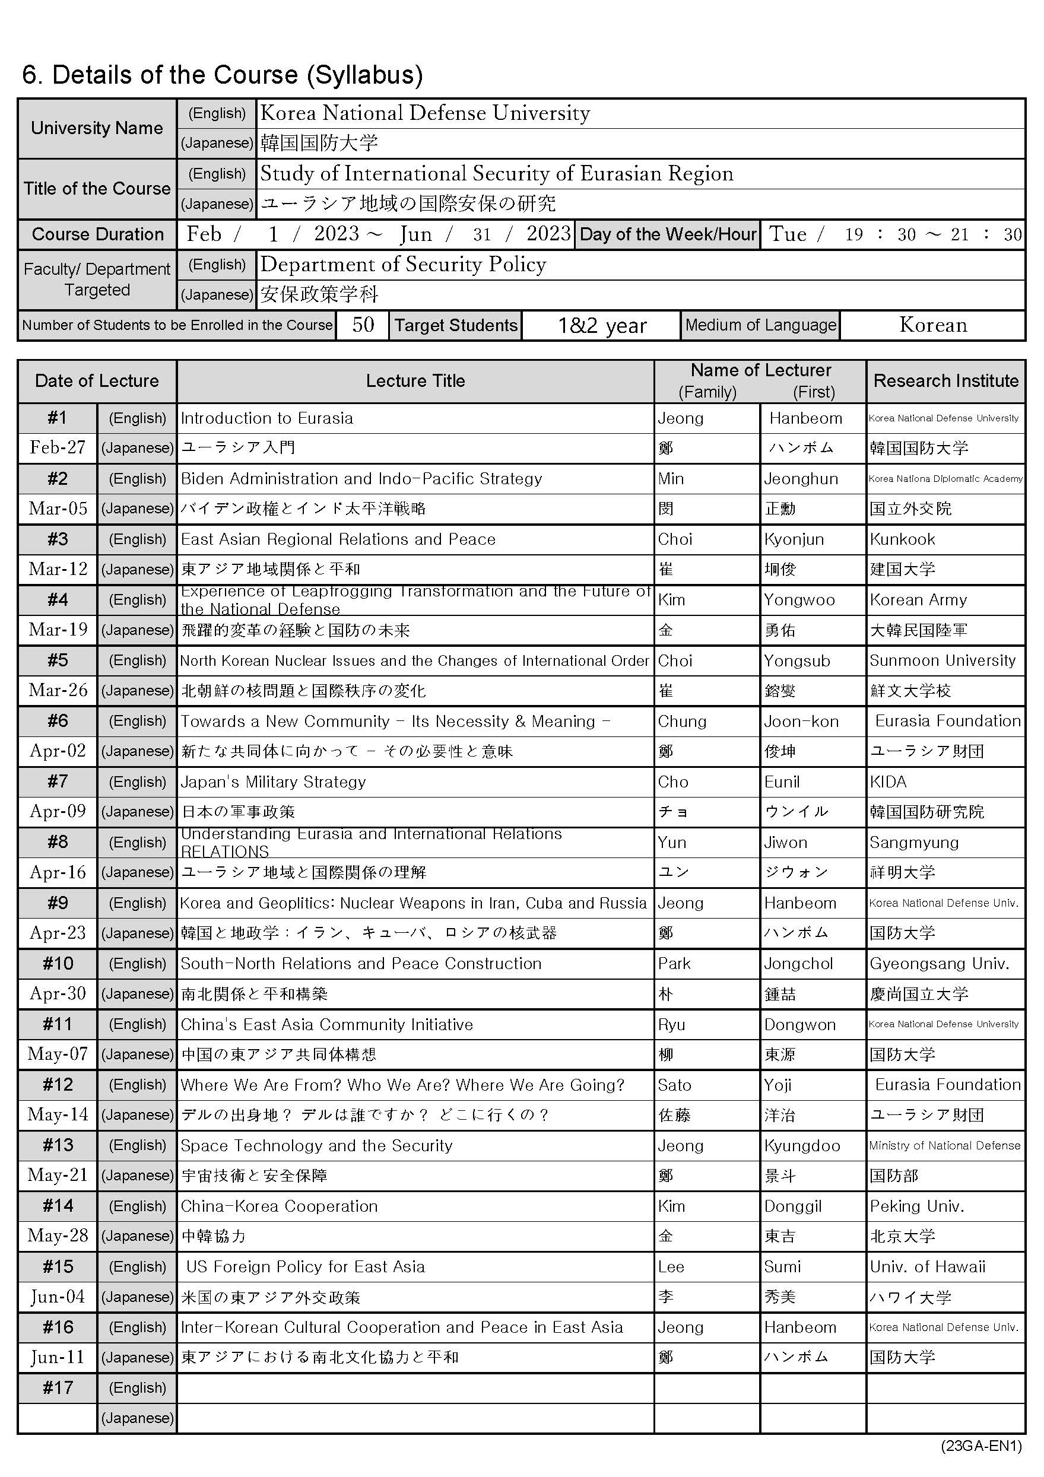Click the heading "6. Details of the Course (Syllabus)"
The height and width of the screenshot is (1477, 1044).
(222, 75)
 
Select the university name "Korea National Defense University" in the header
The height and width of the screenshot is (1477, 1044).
(424, 113)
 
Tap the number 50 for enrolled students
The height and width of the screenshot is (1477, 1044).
(363, 325)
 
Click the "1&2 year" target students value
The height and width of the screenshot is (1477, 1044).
(601, 326)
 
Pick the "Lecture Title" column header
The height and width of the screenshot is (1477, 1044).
(415, 381)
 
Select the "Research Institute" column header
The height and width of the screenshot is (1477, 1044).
(945, 381)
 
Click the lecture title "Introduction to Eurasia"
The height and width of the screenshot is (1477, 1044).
(266, 418)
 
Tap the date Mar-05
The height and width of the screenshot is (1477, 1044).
(58, 508)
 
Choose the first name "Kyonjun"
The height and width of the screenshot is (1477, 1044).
(793, 539)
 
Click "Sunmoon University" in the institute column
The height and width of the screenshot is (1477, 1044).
(943, 660)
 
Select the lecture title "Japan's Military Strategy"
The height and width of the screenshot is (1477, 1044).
(273, 782)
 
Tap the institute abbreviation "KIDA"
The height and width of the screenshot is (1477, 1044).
(888, 782)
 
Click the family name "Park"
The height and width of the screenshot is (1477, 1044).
(674, 964)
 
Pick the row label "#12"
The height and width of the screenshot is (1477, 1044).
(58, 1085)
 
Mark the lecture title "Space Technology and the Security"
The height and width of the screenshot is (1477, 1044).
(316, 1146)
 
